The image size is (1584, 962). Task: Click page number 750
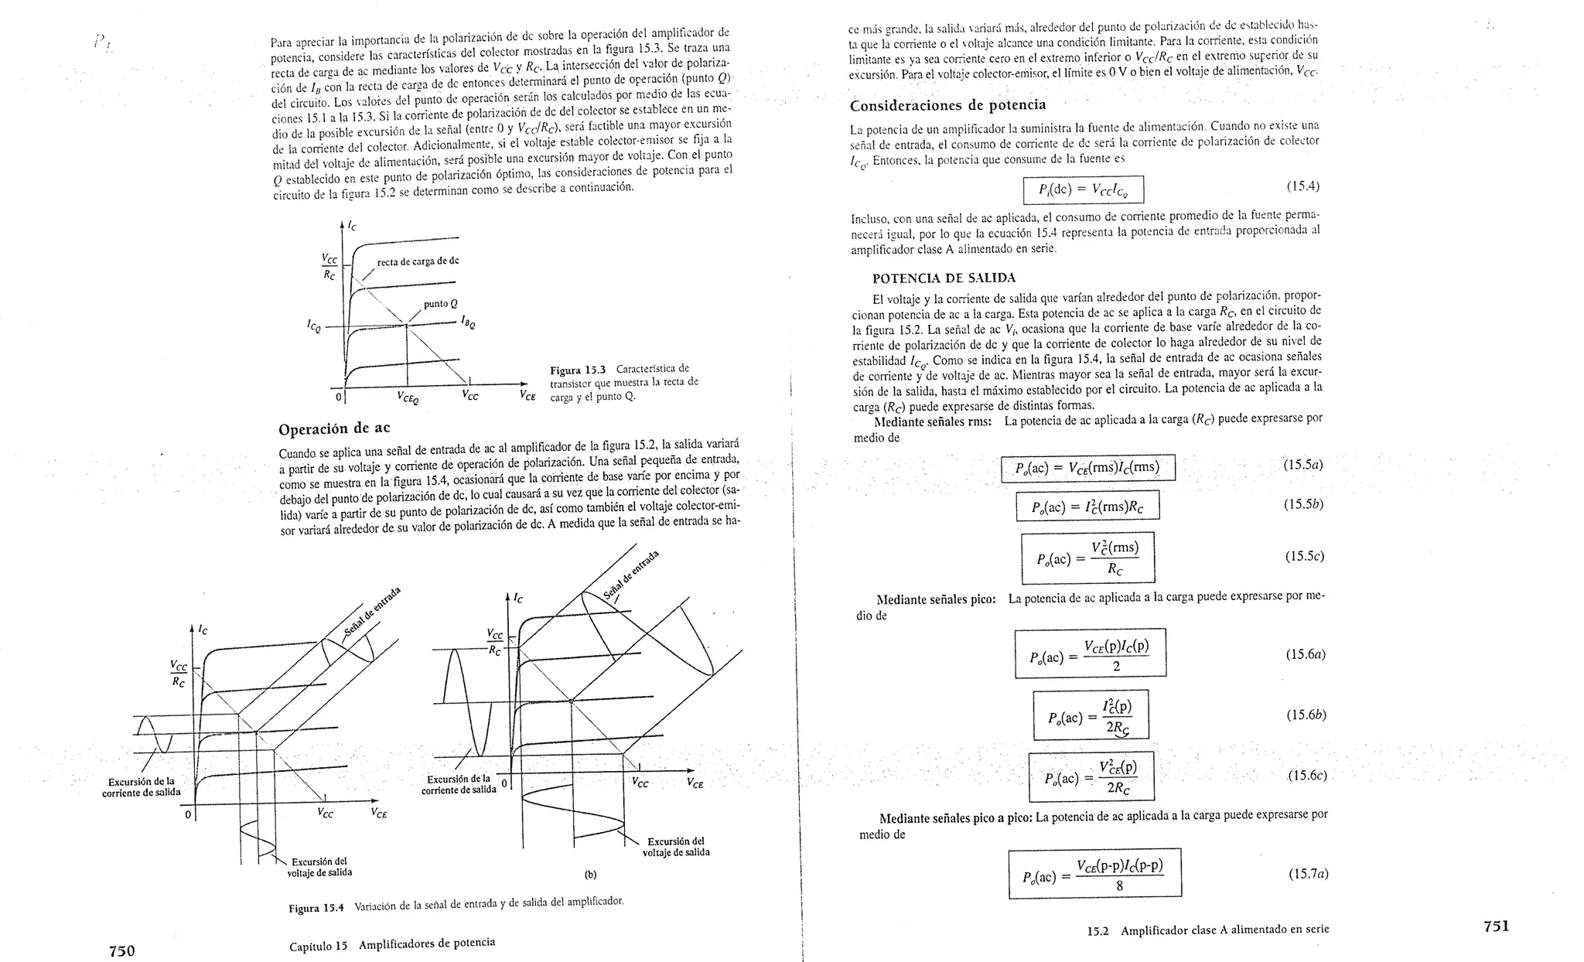coord(121,950)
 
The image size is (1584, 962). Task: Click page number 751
coord(1496,926)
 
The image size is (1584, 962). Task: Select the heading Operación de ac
coord(334,428)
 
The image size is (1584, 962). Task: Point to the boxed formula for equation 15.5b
coord(1087,507)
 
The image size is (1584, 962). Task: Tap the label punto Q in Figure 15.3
coord(441,304)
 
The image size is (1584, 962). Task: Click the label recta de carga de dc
coord(418,261)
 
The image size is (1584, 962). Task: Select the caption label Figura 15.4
coord(316,909)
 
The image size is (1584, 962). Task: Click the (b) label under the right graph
coord(591,875)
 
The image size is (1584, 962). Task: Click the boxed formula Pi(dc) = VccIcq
coord(1083,189)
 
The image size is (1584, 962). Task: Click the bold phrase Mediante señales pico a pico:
coord(956,817)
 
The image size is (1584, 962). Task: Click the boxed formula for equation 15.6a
coord(1090,655)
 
